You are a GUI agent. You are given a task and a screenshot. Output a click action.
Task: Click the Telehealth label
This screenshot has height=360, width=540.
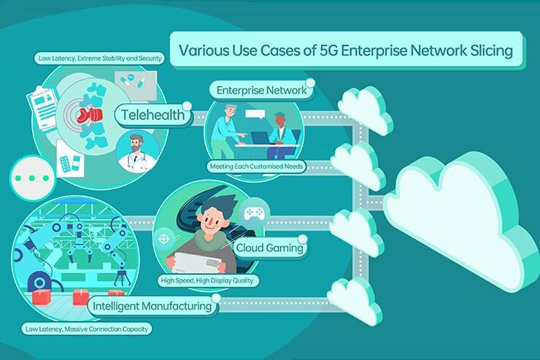tap(153, 115)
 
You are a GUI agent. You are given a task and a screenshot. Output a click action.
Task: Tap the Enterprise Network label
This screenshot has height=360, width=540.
tap(261, 91)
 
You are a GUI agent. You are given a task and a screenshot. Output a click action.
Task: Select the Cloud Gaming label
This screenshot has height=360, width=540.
tap(270, 248)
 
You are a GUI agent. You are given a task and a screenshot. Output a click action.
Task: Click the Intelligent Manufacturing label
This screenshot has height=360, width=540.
tap(153, 306)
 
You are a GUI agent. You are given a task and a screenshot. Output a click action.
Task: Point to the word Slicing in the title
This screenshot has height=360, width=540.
tap(491, 50)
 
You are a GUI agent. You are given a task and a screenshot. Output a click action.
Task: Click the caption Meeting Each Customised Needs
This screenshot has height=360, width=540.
tap(256, 166)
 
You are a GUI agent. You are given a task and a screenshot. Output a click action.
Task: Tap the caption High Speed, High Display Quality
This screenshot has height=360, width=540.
tap(207, 280)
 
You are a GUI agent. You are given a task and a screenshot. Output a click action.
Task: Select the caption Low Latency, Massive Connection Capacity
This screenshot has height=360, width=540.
tap(86, 329)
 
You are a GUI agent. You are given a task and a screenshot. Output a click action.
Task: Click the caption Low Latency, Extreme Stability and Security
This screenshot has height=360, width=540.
tap(100, 58)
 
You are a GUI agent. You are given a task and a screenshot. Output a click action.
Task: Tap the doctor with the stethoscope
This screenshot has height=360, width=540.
tap(136, 152)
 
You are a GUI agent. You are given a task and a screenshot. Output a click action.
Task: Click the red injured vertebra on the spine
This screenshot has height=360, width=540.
tap(89, 115)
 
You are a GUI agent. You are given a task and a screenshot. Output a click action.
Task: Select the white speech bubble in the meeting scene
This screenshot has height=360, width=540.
tap(255, 114)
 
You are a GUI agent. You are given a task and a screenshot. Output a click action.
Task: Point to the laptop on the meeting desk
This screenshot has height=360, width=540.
tap(264, 139)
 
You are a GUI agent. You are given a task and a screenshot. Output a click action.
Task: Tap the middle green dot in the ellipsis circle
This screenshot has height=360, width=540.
tap(32, 178)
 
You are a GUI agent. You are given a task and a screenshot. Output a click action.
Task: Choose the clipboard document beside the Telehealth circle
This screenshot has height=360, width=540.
tap(43, 108)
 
